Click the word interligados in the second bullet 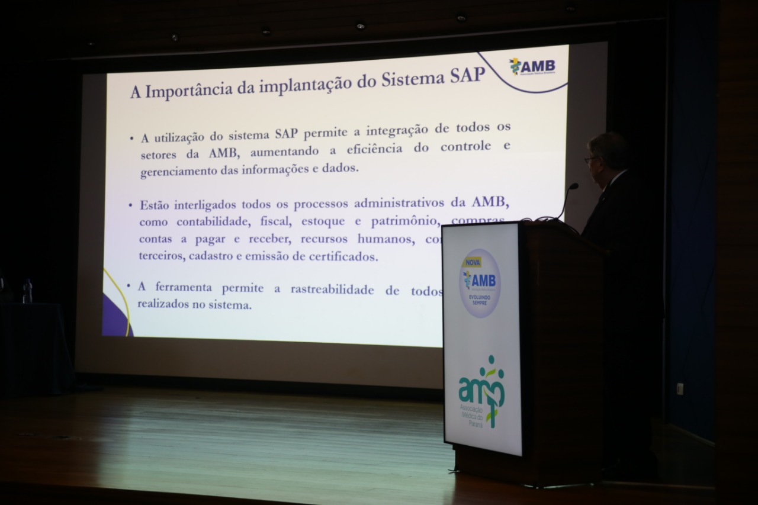click(204, 205)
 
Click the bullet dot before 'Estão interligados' click(130, 205)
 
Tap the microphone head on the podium click(573, 186)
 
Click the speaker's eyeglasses click(589, 159)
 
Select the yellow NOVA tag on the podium click(472, 262)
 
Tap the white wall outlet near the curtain click(679, 388)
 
